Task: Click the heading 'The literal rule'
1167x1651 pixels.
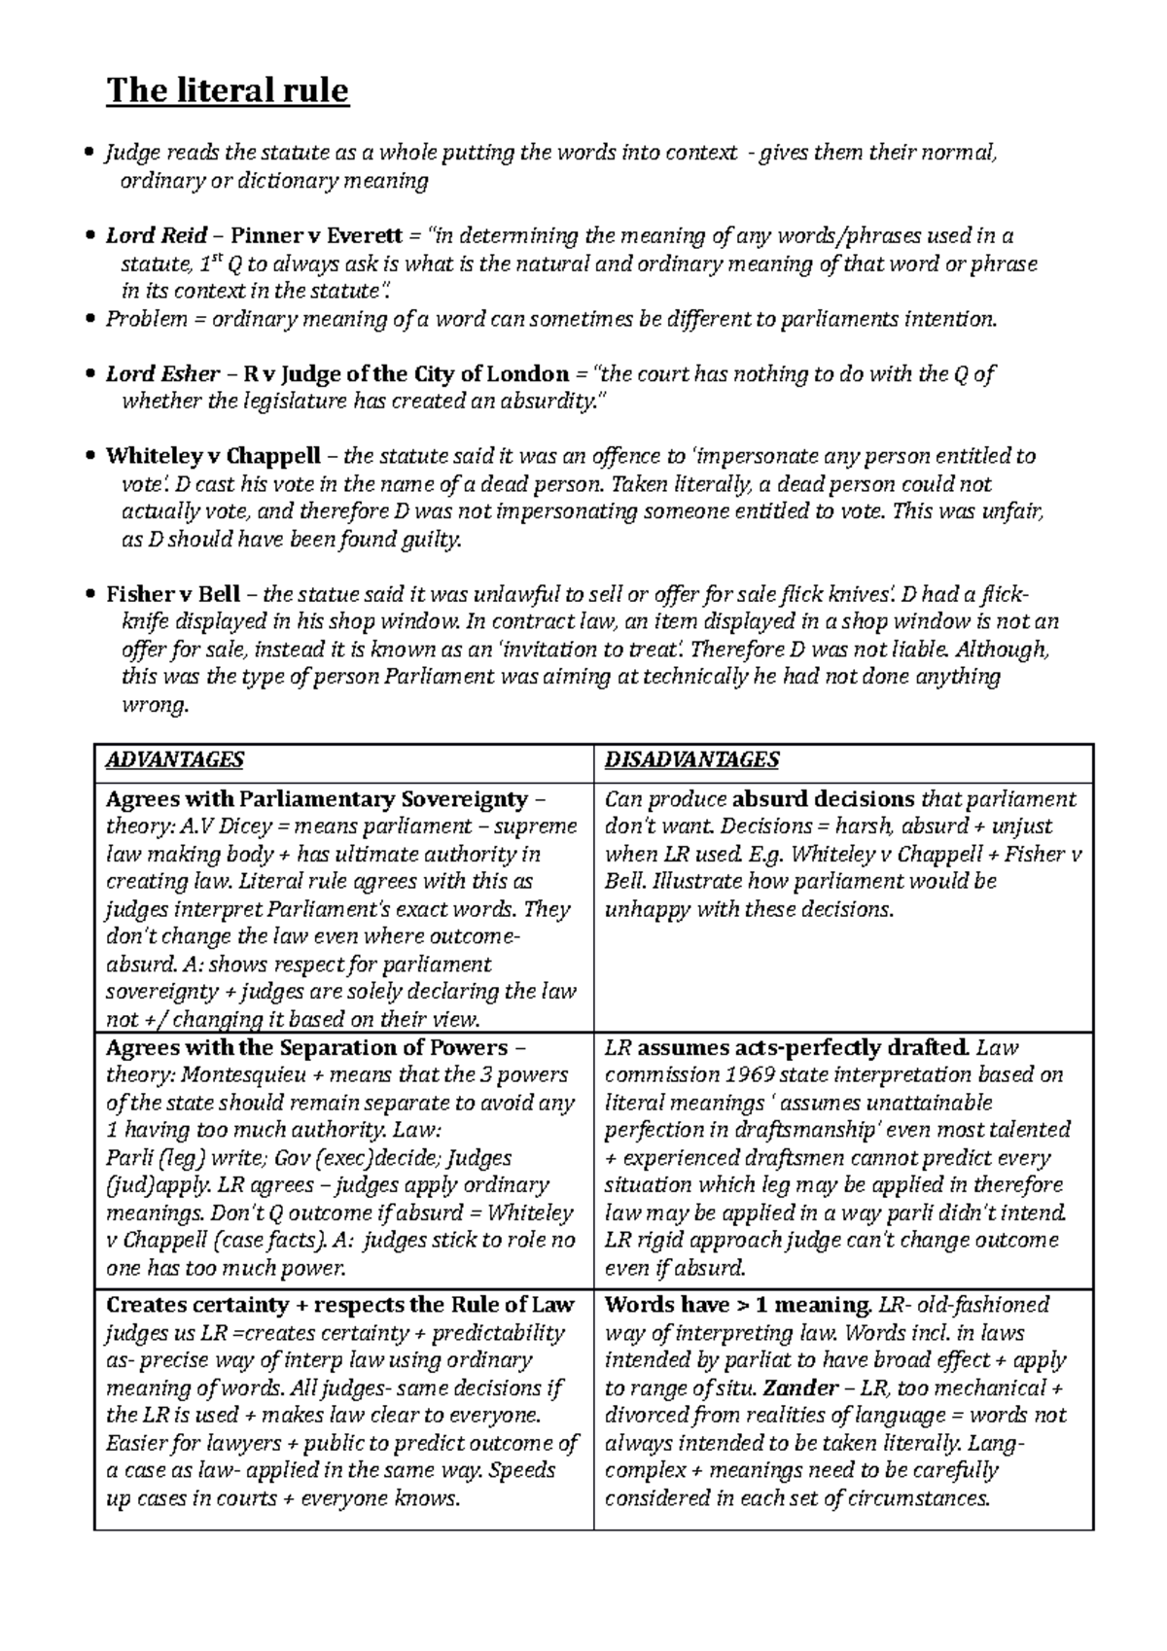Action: coord(227,90)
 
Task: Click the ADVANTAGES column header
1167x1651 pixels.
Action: coord(174,759)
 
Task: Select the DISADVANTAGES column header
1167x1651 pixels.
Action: coord(691,759)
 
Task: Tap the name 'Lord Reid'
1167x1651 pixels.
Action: coord(157,235)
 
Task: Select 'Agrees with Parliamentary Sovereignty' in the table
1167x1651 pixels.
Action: coord(316,799)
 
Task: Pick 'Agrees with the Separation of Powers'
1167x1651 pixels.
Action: coord(306,1048)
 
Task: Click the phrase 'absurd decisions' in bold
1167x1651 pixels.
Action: coord(823,799)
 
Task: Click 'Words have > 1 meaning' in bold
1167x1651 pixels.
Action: coord(737,1305)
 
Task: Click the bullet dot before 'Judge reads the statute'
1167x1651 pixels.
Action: coord(90,153)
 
